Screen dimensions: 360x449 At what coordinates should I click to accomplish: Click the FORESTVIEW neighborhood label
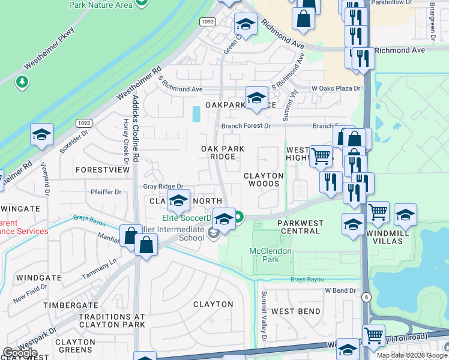tap(103, 170)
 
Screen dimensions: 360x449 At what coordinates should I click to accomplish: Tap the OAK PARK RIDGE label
tap(218, 152)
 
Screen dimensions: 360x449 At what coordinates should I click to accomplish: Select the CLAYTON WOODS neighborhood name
tap(264, 179)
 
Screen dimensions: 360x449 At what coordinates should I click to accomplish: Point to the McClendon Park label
tap(270, 255)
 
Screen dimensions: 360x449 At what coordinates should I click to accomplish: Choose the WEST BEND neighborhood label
tap(295, 311)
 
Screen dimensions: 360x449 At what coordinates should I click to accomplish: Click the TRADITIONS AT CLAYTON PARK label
tap(112, 320)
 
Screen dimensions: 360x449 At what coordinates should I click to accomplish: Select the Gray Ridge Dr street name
tap(163, 187)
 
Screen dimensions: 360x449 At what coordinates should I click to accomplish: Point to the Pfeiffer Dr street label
tap(106, 193)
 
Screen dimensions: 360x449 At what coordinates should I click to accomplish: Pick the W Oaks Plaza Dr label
tap(336, 89)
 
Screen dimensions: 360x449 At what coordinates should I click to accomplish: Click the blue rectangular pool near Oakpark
tap(196, 114)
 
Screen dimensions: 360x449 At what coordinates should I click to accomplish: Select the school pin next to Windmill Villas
tap(405, 215)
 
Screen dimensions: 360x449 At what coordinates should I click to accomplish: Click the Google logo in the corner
tap(20, 353)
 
